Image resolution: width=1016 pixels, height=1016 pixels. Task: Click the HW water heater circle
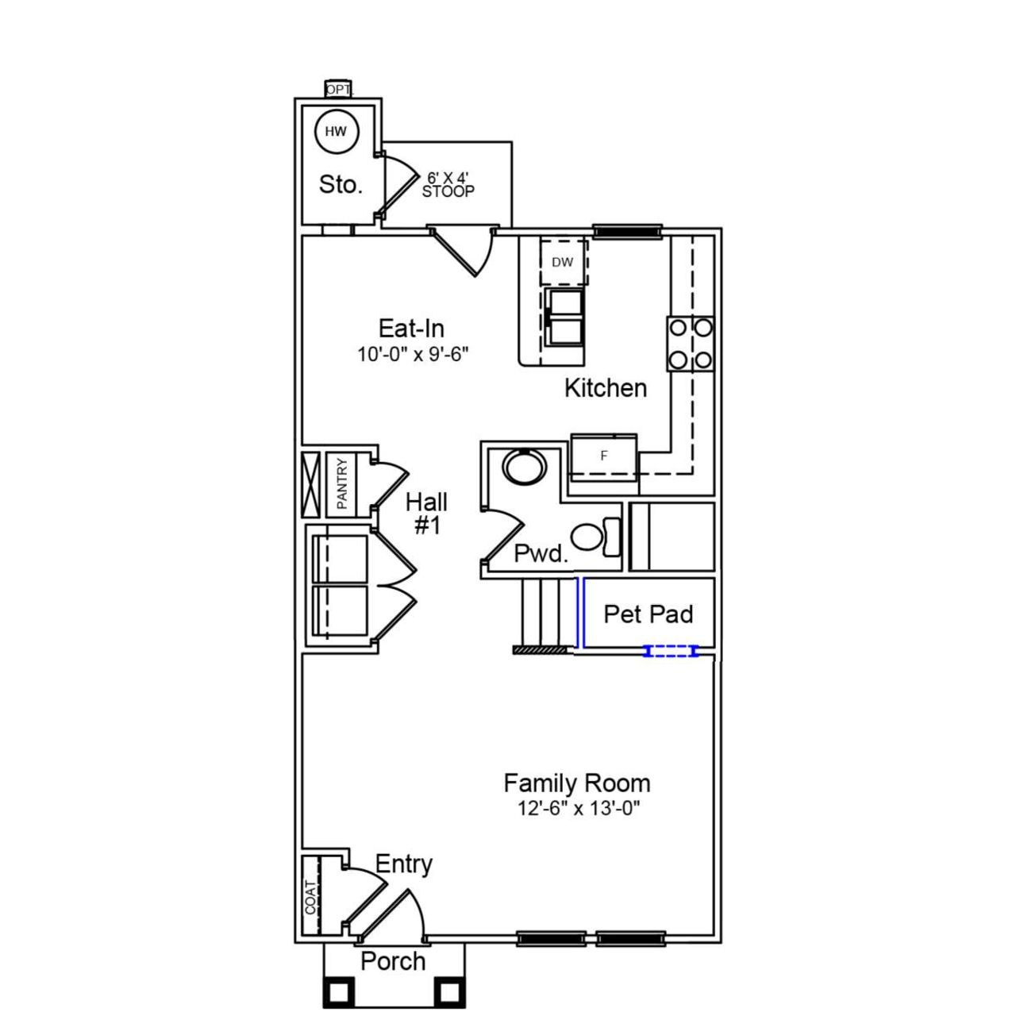[x=337, y=132]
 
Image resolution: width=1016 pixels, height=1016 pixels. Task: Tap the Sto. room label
[x=341, y=185]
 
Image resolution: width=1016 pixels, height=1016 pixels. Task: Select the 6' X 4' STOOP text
[x=448, y=185]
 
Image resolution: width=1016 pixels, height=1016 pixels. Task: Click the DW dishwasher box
[x=563, y=262]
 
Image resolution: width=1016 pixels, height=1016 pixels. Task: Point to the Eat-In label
[x=411, y=329]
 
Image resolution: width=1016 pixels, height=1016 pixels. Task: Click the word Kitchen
[x=606, y=388]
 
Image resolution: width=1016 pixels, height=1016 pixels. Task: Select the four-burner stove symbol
[x=691, y=344]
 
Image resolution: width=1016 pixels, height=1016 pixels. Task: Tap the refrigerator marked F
[x=604, y=456]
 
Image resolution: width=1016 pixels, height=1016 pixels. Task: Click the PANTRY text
[x=342, y=483]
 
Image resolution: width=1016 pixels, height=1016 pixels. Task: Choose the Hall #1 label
[x=427, y=513]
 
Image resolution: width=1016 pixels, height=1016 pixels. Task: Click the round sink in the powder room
[x=525, y=467]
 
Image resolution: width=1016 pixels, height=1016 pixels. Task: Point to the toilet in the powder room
[x=592, y=537]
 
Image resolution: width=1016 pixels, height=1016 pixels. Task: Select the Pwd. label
[x=541, y=553]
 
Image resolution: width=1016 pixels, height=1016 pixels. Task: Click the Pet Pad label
[x=648, y=614]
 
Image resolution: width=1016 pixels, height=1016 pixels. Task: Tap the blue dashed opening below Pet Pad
[x=672, y=652]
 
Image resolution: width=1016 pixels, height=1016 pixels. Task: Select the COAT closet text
[x=312, y=896]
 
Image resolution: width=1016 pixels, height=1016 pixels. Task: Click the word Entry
[x=403, y=864]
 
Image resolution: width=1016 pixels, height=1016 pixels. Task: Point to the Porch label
[x=393, y=961]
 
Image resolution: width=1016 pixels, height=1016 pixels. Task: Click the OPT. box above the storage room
[x=338, y=90]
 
